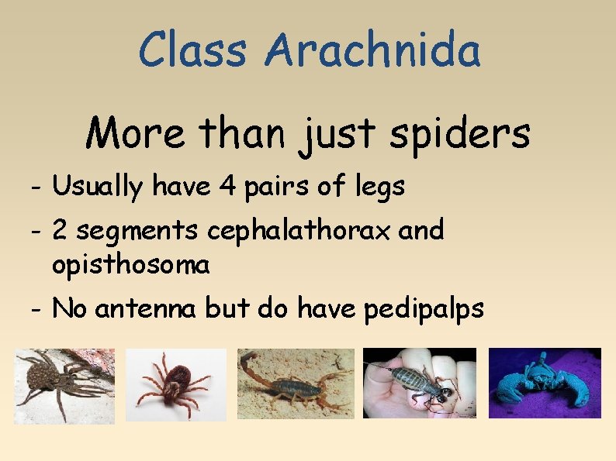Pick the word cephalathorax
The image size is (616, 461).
coord(296,230)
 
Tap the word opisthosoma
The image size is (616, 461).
coord(130,265)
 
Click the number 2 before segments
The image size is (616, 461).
coord(60,230)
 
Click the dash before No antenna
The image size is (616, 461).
coord(37,309)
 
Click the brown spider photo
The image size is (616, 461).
coord(64,385)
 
